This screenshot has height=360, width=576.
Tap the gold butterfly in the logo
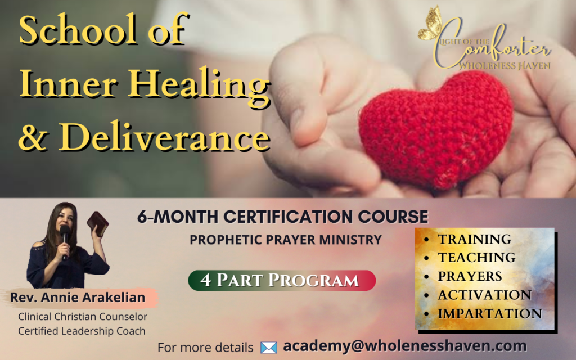point(430,22)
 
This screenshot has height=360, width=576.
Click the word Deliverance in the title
point(165,136)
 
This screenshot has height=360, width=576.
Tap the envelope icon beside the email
point(268,347)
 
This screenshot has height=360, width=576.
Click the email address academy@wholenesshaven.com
point(405,346)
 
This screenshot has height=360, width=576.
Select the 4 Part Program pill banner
point(282,280)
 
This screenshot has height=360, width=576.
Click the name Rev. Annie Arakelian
point(78,297)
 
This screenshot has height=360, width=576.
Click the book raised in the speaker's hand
point(98,223)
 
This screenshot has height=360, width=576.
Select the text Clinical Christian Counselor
point(83,316)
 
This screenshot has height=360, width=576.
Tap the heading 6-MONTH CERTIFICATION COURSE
point(282,217)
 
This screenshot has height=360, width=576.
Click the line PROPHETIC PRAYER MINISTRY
point(285,240)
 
